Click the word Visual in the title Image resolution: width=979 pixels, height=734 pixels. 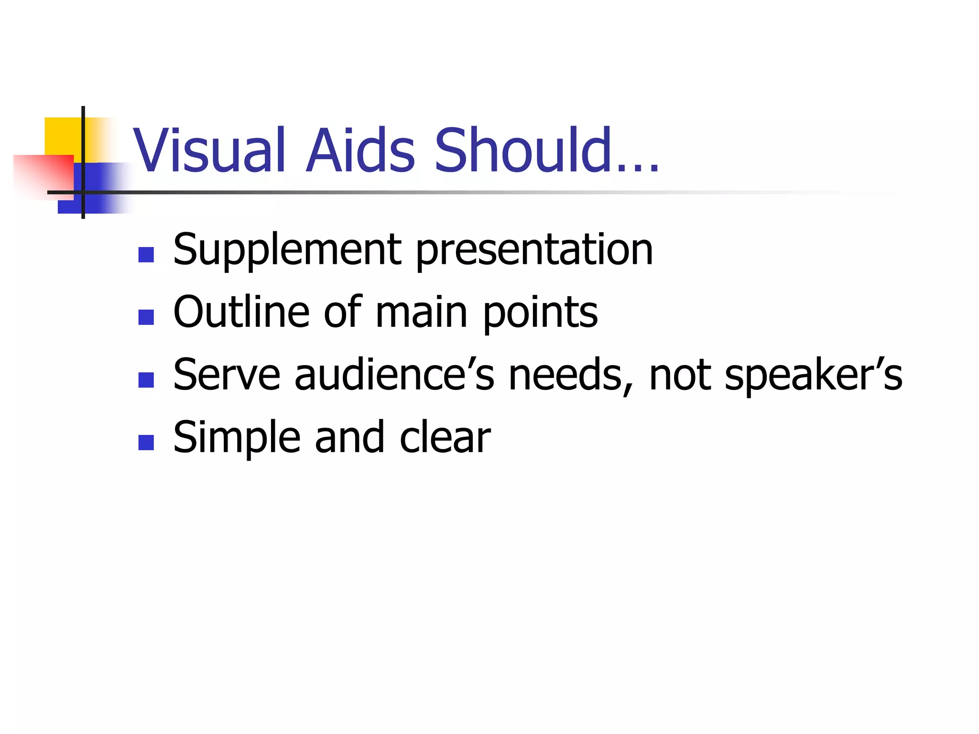(x=209, y=151)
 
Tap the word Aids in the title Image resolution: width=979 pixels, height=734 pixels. (x=360, y=151)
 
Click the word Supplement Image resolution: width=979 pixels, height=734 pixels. (x=287, y=250)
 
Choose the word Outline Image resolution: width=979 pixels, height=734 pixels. (x=241, y=312)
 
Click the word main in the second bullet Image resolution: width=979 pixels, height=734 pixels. (x=421, y=313)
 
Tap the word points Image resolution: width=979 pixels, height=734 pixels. (x=540, y=313)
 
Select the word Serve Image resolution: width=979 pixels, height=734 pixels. (x=226, y=375)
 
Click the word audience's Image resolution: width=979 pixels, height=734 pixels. (x=394, y=375)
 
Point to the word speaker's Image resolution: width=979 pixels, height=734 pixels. (x=813, y=375)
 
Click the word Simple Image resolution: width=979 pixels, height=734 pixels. (x=237, y=438)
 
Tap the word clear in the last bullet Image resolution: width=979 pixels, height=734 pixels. (x=445, y=438)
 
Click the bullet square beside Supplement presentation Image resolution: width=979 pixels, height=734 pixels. (x=146, y=255)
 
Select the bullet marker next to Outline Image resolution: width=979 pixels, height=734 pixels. (x=146, y=317)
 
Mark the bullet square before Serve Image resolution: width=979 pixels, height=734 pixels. (x=146, y=380)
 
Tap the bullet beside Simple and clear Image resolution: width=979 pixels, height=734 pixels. (x=146, y=443)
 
